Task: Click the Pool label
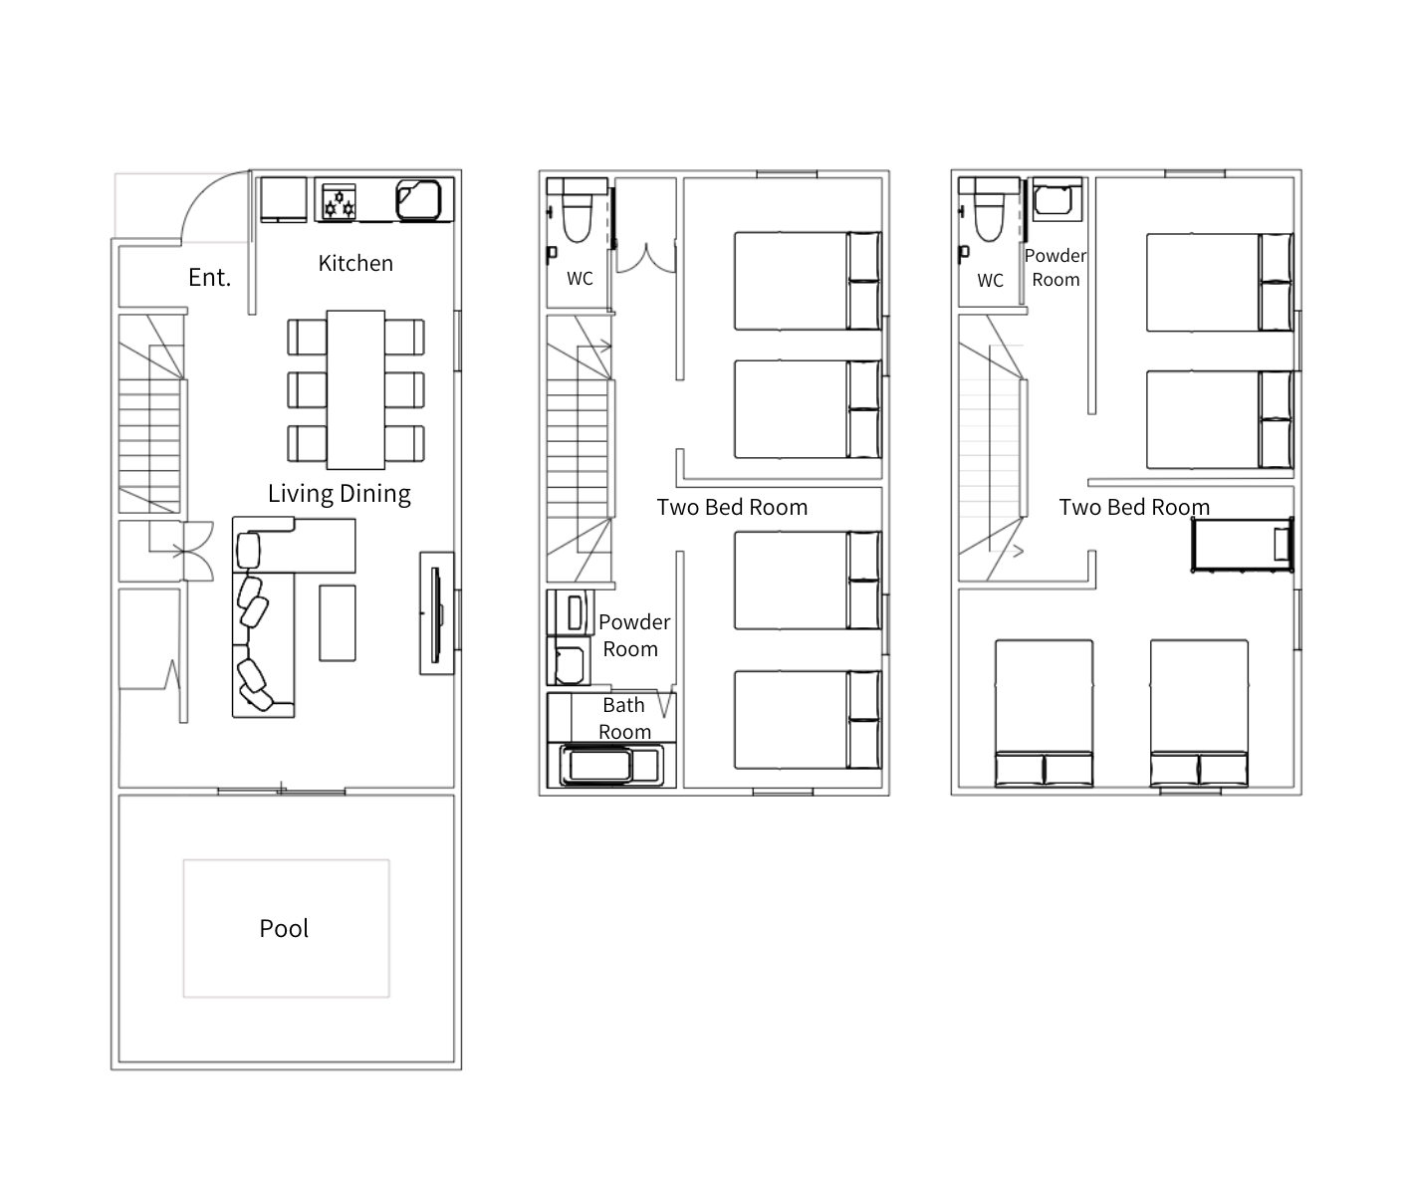click(284, 929)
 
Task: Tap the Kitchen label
click(355, 263)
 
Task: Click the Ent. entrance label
click(209, 277)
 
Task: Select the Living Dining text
click(339, 494)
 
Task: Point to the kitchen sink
click(418, 199)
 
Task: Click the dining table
click(355, 389)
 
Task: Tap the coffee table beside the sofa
click(338, 622)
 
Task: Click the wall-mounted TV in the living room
click(436, 614)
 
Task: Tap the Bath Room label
click(624, 718)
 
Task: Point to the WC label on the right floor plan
click(991, 281)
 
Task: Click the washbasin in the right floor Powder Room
click(1053, 200)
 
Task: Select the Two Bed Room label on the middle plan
click(732, 507)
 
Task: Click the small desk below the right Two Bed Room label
click(1243, 544)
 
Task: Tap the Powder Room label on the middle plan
click(633, 635)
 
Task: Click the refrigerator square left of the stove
click(284, 199)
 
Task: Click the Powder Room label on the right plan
click(1055, 268)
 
